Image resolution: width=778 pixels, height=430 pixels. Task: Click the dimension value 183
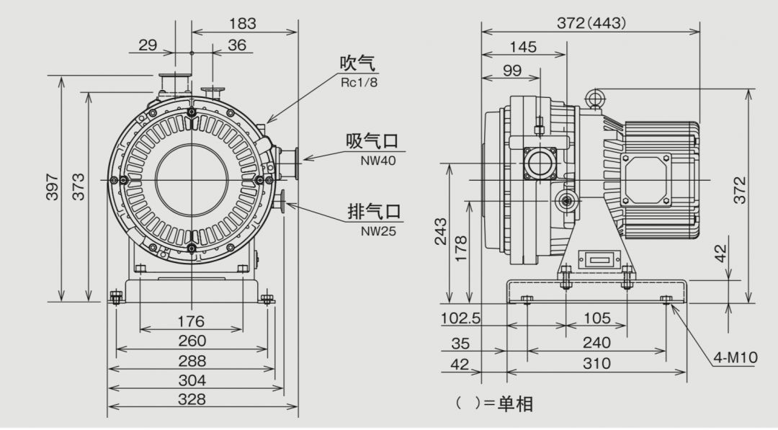coord(242,24)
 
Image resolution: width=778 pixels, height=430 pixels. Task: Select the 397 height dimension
coord(53,187)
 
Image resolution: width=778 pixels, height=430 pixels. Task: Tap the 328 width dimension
coord(191,399)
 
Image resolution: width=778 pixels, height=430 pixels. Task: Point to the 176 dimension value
coord(190,321)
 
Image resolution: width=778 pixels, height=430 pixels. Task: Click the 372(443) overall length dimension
coord(591,23)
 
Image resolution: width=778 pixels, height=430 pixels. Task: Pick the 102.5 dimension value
coord(460,318)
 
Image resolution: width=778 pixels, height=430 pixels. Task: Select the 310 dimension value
coord(596,363)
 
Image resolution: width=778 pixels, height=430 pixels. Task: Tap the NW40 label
coord(378,161)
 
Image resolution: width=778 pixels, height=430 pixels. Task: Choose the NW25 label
coord(378,231)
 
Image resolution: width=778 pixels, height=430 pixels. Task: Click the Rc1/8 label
coord(359,82)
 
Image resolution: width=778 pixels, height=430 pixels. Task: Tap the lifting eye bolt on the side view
coord(594,98)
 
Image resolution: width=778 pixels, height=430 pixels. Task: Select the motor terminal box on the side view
coord(645,179)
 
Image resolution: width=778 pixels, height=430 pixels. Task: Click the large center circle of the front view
coord(191,179)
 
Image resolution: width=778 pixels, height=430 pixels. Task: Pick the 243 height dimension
coord(440,232)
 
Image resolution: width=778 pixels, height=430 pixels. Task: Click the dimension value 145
coord(523,47)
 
